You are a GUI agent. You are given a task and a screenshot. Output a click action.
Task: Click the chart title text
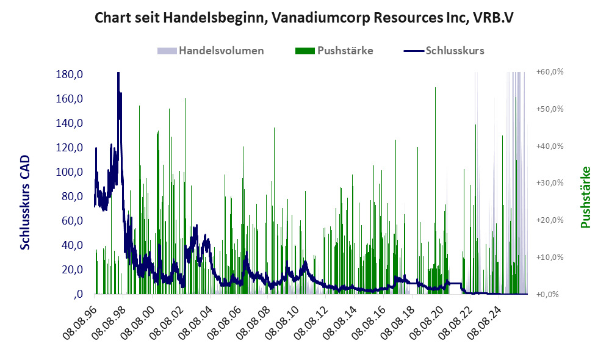[304, 18]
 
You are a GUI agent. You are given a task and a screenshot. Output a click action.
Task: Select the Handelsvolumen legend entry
[211, 51]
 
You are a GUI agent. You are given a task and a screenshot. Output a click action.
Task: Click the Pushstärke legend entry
[334, 51]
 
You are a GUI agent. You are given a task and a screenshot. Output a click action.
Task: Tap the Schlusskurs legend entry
[444, 51]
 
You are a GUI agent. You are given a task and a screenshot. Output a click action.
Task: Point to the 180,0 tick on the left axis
[70, 74]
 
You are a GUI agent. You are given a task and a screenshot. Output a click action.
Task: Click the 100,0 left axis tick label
[70, 172]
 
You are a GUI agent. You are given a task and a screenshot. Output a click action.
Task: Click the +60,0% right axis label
[550, 72]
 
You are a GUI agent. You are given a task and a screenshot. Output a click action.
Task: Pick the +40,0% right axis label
[550, 146]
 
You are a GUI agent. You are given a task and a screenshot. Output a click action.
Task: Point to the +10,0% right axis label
[550, 257]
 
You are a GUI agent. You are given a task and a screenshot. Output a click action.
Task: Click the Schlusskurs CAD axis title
[25, 203]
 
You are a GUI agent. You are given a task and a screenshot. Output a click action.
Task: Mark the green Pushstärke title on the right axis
[585, 197]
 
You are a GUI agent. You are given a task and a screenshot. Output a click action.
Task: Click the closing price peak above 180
[118, 73]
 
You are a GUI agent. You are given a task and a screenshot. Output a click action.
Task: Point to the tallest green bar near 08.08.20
[435, 190]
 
